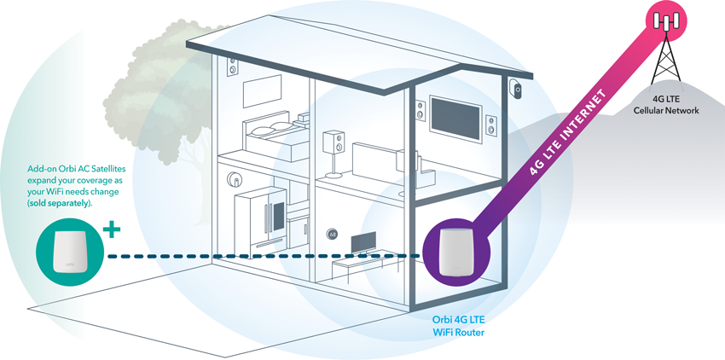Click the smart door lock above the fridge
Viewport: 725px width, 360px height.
(232, 179)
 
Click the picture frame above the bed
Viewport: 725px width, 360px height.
(263, 90)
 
